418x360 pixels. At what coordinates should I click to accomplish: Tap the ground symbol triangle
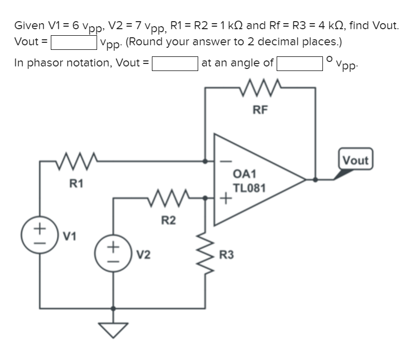click(114, 330)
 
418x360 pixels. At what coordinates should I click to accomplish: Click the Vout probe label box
click(356, 161)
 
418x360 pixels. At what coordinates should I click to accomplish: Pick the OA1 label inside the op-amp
click(245, 174)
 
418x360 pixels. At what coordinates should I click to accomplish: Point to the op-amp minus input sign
click(226, 162)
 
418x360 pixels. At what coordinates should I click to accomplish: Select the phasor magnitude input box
click(175, 63)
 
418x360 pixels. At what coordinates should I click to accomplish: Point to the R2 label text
click(169, 220)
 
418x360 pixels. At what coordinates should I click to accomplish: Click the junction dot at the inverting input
click(205, 162)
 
